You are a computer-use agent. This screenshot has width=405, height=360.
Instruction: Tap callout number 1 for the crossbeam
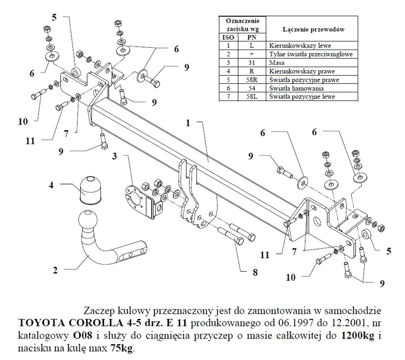click(x=188, y=123)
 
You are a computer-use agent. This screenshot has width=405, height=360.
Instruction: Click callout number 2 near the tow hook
click(x=55, y=270)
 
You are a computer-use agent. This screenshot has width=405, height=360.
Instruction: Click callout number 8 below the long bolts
click(x=255, y=273)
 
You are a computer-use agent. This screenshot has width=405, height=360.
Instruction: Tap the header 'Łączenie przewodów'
click(x=311, y=30)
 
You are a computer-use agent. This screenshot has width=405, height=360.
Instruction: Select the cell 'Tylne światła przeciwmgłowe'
click(x=311, y=54)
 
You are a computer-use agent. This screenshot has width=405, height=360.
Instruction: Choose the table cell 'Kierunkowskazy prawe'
click(x=298, y=71)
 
